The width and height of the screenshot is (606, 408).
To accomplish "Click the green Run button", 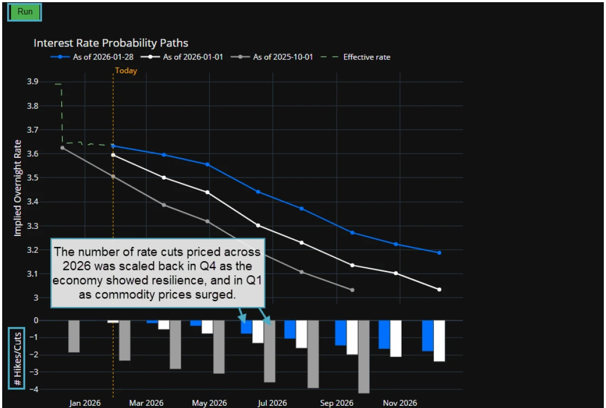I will [25, 11].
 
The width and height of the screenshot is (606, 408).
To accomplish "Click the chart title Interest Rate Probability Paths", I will [111, 43].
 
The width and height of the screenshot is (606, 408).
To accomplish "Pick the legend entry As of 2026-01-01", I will [193, 57].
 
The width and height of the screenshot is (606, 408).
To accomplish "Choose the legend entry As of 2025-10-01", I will [283, 57].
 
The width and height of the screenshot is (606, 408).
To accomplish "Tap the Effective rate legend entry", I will [367, 57].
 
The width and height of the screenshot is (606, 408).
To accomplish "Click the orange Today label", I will [126, 70].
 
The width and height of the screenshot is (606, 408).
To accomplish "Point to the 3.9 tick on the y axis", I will [32, 82].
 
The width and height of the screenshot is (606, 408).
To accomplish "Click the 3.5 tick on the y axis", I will [32, 178].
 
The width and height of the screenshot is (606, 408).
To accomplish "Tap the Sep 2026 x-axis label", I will [337, 403].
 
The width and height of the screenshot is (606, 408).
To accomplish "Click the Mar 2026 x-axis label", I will [146, 403].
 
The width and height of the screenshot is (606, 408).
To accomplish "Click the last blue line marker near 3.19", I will [439, 252].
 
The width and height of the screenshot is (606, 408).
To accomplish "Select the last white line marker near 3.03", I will [439, 289].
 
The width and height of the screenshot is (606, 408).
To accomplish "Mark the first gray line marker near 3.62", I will [62, 147].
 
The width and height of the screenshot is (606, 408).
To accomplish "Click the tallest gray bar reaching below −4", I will [363, 357].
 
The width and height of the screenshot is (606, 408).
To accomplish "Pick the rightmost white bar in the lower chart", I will [439, 341].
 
